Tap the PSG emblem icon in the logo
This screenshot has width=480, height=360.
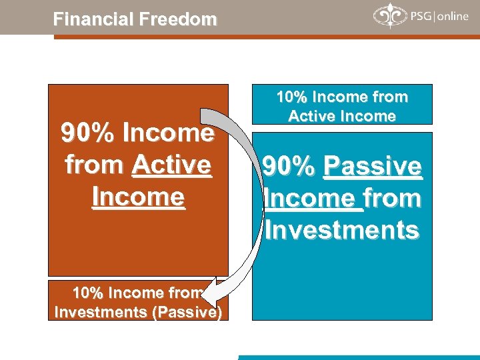[x=387, y=15]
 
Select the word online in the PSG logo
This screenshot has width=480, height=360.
[x=453, y=17]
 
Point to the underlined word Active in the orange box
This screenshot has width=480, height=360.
[x=171, y=165]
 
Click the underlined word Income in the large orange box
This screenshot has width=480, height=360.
[x=138, y=197]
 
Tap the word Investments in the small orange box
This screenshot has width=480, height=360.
[x=93, y=311]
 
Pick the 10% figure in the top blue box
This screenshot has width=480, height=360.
[x=291, y=97]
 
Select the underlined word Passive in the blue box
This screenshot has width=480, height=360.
[x=373, y=166]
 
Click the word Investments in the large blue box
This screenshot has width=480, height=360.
[x=342, y=230]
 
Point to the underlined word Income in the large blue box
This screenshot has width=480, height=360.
[x=313, y=198]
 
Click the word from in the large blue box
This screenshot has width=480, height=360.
[x=393, y=198]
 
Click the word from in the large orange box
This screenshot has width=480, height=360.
[x=95, y=165]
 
